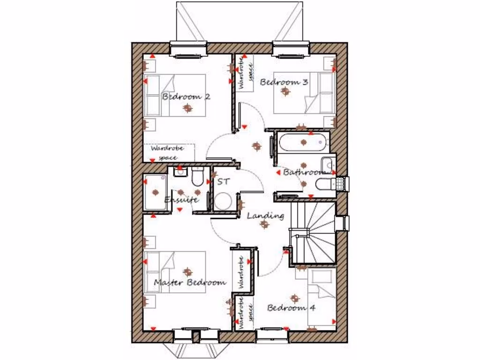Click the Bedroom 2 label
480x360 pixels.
pyautogui.click(x=186, y=97)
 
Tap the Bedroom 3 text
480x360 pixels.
pyautogui.click(x=284, y=82)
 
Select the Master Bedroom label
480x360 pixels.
pyautogui.click(x=190, y=282)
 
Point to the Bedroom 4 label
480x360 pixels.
pyautogui.click(x=291, y=308)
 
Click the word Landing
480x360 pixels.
pyautogui.click(x=265, y=216)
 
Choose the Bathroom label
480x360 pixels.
pyautogui.click(x=304, y=172)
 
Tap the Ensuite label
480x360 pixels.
pyautogui.click(x=181, y=200)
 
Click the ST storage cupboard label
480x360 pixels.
pyautogui.click(x=224, y=181)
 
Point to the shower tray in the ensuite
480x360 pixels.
pyautogui.click(x=155, y=192)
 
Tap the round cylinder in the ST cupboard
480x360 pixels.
pyautogui.click(x=223, y=202)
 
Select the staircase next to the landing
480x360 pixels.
pyautogui.click(x=314, y=232)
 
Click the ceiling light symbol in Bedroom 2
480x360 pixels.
pyautogui.click(x=187, y=108)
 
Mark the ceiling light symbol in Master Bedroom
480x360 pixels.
pyautogui.click(x=187, y=271)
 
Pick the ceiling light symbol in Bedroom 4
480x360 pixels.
pyautogui.click(x=294, y=298)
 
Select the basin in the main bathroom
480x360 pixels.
pyautogui.click(x=328, y=165)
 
